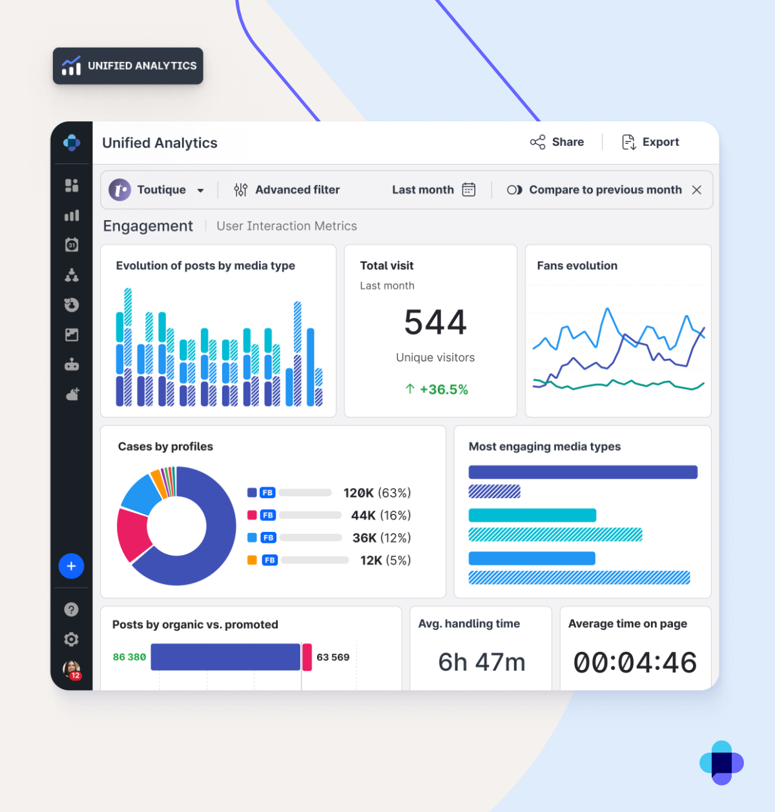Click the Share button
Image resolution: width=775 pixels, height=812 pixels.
(557, 142)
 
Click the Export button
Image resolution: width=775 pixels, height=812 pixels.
(650, 142)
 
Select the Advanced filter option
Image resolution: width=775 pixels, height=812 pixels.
(287, 190)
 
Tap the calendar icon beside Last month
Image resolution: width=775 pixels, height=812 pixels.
(469, 190)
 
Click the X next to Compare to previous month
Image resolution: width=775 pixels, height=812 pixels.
(696, 190)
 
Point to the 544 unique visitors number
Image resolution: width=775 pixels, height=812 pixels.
(435, 322)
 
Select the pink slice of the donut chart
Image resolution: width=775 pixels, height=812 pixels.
(133, 533)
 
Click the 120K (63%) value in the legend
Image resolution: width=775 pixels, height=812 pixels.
(377, 493)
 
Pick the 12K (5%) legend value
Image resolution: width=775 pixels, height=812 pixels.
(385, 560)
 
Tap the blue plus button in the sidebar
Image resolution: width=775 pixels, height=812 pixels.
(72, 566)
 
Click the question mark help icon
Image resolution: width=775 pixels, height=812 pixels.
(72, 609)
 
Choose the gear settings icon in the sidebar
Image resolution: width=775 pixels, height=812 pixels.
(72, 639)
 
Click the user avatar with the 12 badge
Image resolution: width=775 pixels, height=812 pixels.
(72, 669)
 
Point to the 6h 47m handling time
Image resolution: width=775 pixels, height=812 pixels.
(482, 662)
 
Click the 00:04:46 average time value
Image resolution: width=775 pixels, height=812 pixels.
(635, 663)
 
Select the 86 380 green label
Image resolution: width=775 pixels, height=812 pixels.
(129, 657)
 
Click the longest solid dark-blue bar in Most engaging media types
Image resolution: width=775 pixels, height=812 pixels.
(583, 472)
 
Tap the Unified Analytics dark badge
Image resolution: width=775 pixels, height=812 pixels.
(128, 66)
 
